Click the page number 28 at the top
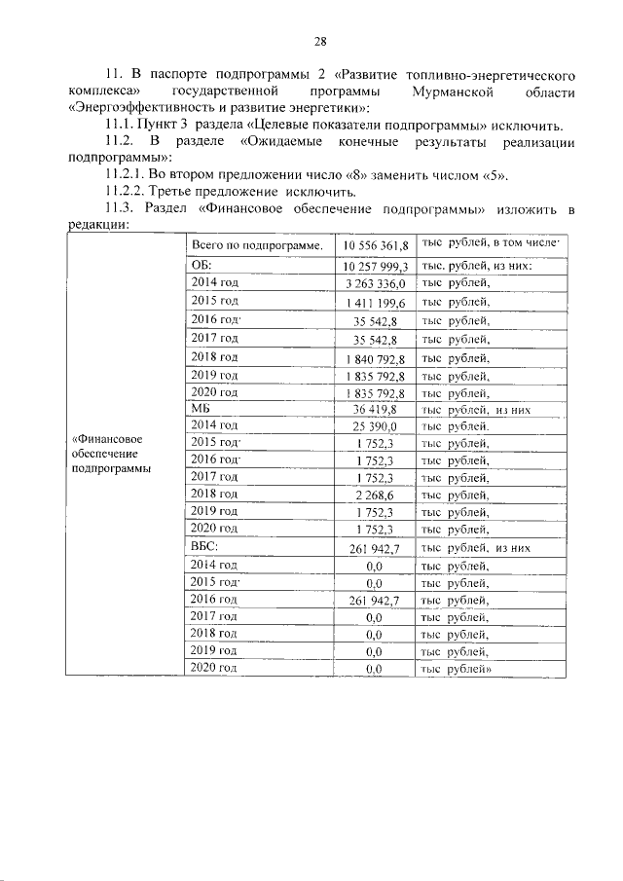(x=319, y=41)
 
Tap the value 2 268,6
(x=377, y=496)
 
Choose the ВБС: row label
(x=204, y=548)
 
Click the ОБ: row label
(x=202, y=265)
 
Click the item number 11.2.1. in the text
(x=127, y=175)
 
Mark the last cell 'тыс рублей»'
(x=457, y=669)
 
